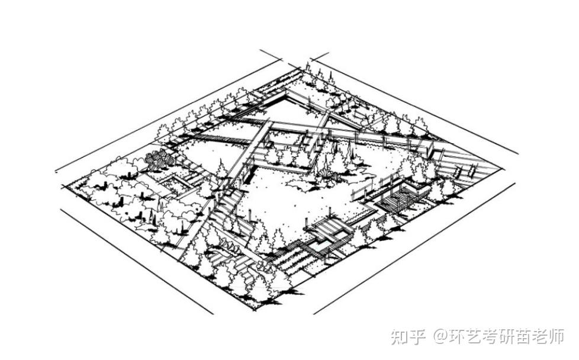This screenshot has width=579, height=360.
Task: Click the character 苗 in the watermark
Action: coord(533,337)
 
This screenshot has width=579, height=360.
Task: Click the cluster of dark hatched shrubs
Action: coord(158,159)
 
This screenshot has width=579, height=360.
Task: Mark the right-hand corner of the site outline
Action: coord(504,169)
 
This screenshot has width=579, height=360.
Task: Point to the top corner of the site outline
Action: coord(302,69)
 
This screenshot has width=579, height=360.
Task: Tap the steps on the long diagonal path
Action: coord(228,204)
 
